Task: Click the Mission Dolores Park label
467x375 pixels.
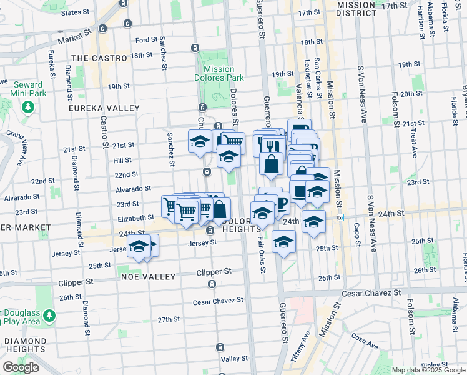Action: tap(219, 73)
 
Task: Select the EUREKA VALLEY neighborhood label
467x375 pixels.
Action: tap(104, 108)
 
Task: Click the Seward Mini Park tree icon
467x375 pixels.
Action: tap(28, 107)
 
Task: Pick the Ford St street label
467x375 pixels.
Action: tap(147, 39)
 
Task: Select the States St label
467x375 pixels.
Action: tap(76, 12)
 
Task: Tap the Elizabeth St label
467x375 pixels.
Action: tap(135, 218)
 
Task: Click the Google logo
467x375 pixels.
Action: tap(21, 367)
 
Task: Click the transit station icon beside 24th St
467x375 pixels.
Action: tap(340, 217)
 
